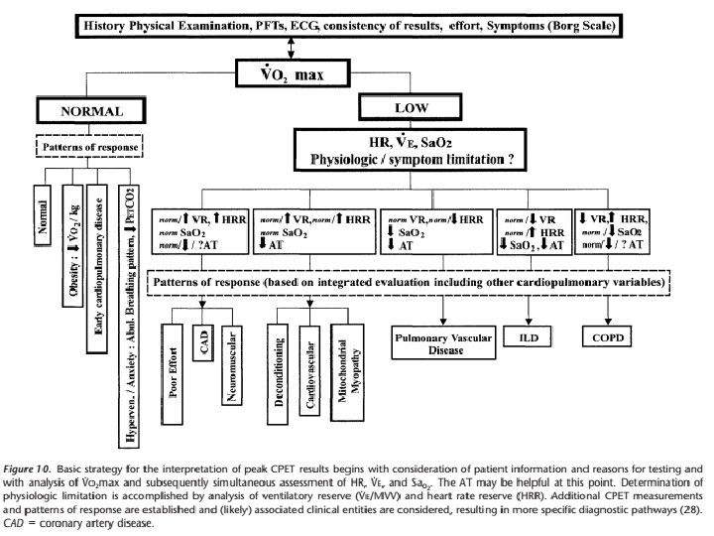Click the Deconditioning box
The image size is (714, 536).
click(x=283, y=373)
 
